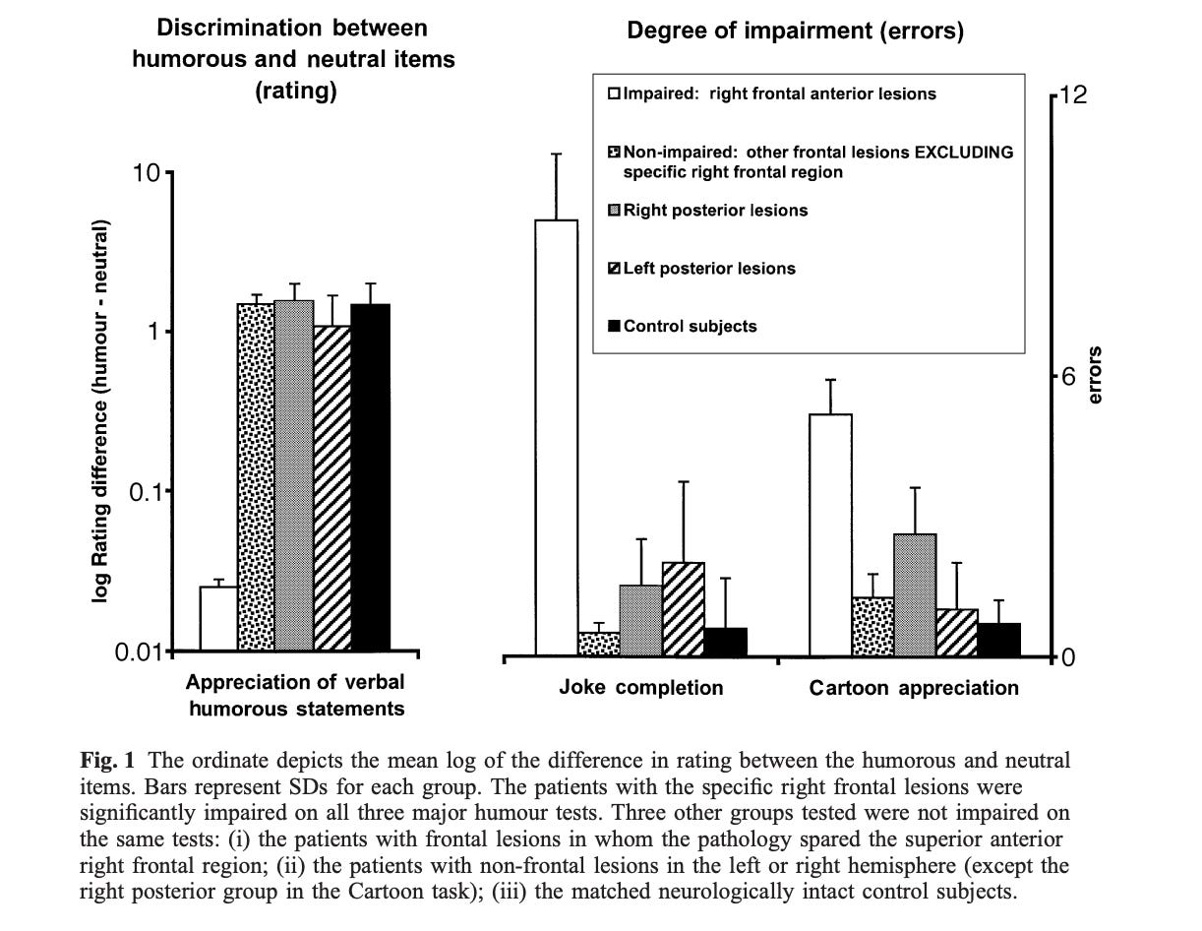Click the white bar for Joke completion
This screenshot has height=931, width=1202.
pos(556,438)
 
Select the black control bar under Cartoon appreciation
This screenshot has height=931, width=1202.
pos(999,640)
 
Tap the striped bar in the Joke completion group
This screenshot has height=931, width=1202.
pos(683,609)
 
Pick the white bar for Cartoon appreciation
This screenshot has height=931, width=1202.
pos(830,535)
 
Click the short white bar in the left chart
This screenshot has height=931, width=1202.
pos(218,619)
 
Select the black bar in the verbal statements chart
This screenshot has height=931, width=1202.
pos(371,477)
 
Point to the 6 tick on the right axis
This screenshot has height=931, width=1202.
pos(1067,377)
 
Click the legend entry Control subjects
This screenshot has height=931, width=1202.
pos(690,326)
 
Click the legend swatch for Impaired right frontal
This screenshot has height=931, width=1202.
pos(614,94)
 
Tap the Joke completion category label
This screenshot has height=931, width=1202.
pos(640,687)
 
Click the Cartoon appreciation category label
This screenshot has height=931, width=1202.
pos(914,687)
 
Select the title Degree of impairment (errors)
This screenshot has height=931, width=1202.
pos(795,31)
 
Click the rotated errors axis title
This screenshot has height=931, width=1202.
pos(1096,376)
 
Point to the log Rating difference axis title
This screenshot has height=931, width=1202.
pos(101,410)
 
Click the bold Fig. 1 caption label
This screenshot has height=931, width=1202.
pos(105,761)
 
